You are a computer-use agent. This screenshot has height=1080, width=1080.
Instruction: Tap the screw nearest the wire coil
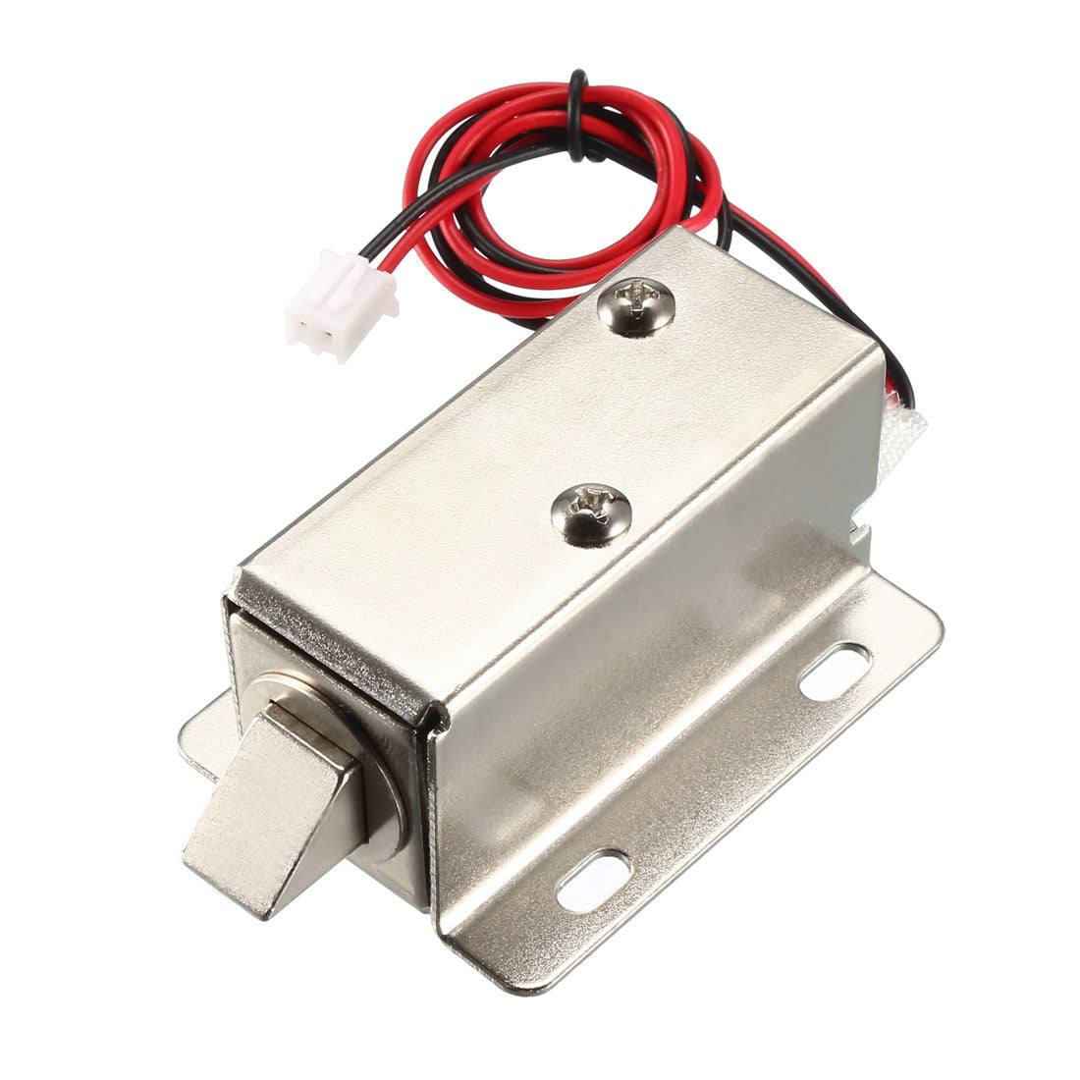click(x=637, y=306)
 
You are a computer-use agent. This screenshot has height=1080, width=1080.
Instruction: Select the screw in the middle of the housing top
click(x=591, y=514)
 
